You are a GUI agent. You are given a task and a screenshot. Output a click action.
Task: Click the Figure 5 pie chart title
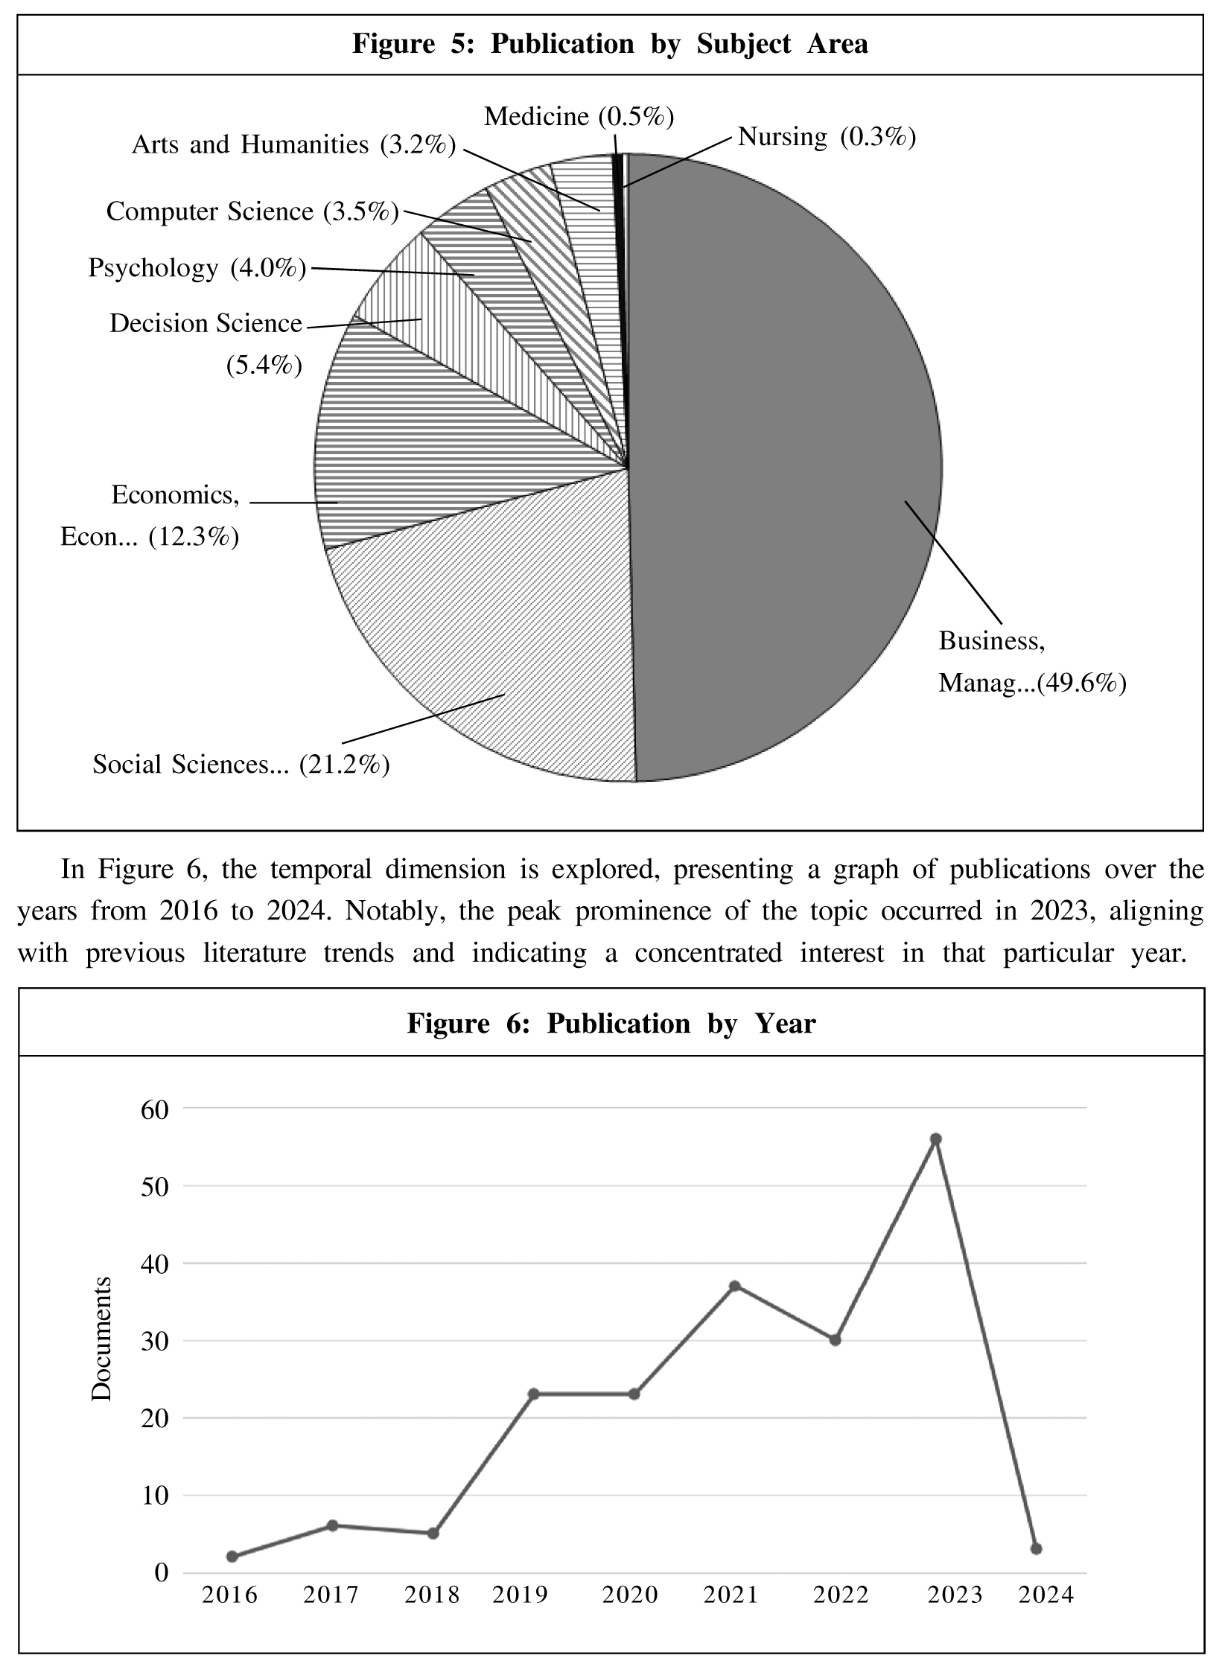(x=610, y=45)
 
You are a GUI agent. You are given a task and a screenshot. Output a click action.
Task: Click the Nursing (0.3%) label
(x=826, y=138)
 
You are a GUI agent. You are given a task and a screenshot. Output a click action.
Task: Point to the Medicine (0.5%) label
(x=579, y=117)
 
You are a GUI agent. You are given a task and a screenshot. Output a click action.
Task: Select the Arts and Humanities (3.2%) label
(x=293, y=144)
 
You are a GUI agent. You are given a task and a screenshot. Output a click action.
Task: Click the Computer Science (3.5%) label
(x=252, y=212)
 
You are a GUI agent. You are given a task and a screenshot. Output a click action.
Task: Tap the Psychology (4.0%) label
(x=197, y=268)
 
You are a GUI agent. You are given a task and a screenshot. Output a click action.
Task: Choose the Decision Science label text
(x=206, y=324)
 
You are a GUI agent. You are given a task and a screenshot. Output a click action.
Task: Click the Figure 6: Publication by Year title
(x=611, y=1024)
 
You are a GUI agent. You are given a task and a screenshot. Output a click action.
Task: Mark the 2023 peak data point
(x=936, y=1139)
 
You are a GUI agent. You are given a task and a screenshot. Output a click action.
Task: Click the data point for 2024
(x=1036, y=1549)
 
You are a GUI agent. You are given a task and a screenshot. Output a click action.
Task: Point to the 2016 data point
(x=232, y=1556)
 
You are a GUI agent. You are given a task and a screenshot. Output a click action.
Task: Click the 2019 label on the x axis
(x=520, y=1595)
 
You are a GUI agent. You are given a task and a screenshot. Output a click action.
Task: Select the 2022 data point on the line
(x=835, y=1339)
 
